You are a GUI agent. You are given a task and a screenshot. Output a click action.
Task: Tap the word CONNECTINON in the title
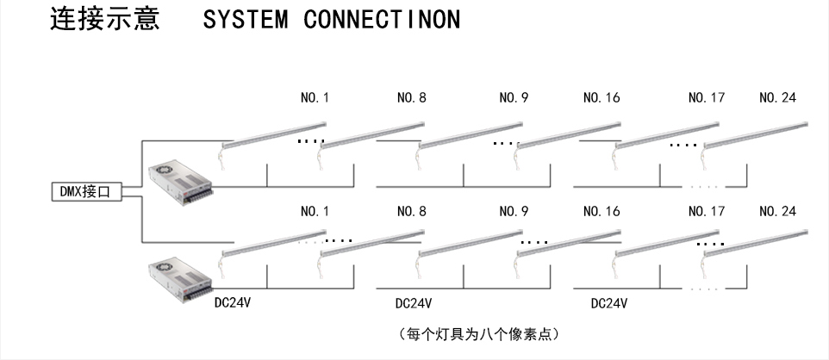point(382,20)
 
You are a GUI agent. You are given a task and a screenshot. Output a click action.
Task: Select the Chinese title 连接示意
point(105,20)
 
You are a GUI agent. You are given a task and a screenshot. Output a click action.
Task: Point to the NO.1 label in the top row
point(315,98)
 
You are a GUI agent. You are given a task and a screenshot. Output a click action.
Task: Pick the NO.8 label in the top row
point(411,98)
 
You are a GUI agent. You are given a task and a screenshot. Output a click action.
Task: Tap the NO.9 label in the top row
point(514,98)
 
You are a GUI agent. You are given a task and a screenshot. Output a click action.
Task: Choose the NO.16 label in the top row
point(601,98)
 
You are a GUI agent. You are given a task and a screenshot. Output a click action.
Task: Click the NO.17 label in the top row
point(706,98)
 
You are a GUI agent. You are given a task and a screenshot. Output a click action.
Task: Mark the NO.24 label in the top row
point(777,98)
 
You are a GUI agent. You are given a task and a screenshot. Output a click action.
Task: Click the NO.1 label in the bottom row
point(315,211)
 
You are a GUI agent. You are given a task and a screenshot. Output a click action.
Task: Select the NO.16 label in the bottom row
point(601,211)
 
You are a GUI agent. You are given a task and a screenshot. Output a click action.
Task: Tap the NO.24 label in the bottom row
point(777,211)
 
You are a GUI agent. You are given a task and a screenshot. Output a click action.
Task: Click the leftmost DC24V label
point(233,303)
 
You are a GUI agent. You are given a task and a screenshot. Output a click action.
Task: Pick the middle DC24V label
point(414,303)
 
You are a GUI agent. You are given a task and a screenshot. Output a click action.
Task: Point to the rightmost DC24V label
point(608,303)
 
